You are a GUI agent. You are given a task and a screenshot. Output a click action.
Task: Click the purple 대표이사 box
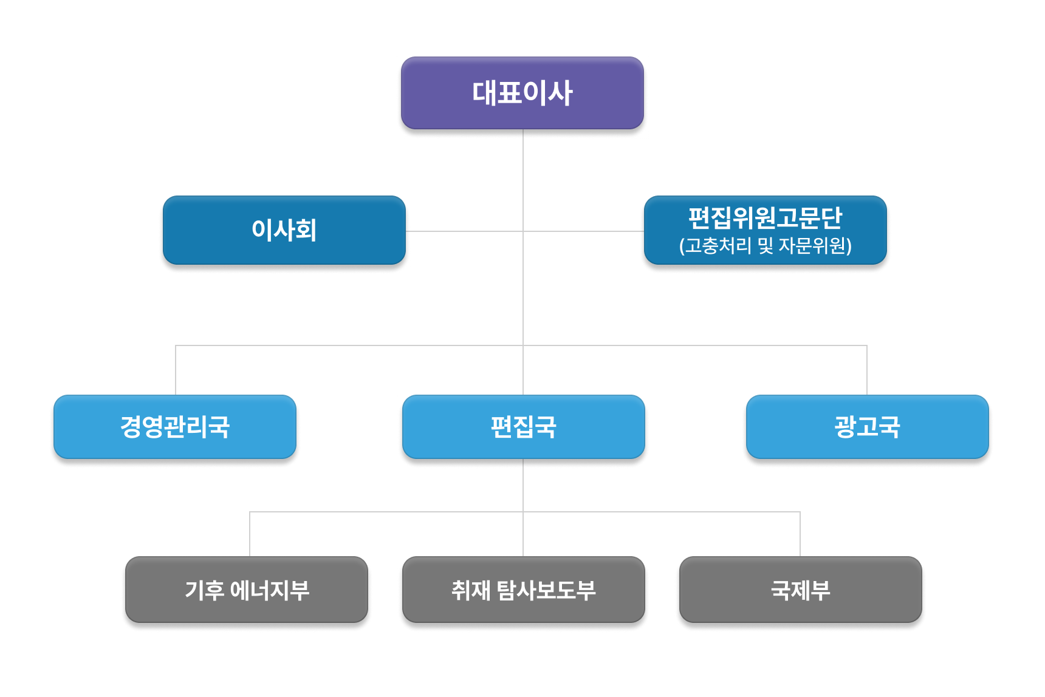pyautogui.click(x=522, y=93)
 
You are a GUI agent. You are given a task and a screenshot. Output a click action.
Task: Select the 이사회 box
pyautogui.click(x=284, y=230)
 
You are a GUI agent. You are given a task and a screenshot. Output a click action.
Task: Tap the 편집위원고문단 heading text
pyautogui.click(x=765, y=217)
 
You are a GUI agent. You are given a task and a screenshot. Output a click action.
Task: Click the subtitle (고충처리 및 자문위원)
pyautogui.click(x=765, y=246)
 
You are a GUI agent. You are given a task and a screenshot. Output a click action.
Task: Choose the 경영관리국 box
pyautogui.click(x=175, y=427)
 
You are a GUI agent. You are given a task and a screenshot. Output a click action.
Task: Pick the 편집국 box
pyautogui.click(x=523, y=427)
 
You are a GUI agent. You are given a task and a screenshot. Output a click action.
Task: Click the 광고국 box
pyautogui.click(x=867, y=427)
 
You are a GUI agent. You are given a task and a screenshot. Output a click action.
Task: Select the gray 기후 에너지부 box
pyautogui.click(x=247, y=590)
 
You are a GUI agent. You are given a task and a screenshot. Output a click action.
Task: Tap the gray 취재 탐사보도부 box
pyautogui.click(x=523, y=590)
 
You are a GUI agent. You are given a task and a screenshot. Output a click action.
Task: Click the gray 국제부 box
pyautogui.click(x=800, y=590)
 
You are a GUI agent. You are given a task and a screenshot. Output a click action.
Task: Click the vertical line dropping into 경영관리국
pyautogui.click(x=176, y=370)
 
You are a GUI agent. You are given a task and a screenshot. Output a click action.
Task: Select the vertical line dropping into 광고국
pyautogui.click(x=867, y=370)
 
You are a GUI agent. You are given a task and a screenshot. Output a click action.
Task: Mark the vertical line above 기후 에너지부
pyautogui.click(x=250, y=534)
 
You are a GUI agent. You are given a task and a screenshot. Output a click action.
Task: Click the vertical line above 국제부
pyautogui.click(x=800, y=534)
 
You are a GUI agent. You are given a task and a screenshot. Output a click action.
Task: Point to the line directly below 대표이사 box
pyautogui.click(x=523, y=164)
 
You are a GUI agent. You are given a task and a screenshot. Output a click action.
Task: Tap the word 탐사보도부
pyautogui.click(x=546, y=590)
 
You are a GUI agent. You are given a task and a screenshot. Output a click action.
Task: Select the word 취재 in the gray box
pyautogui.click(x=470, y=590)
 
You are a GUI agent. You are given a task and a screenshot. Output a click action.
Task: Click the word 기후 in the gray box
pyautogui.click(x=204, y=590)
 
